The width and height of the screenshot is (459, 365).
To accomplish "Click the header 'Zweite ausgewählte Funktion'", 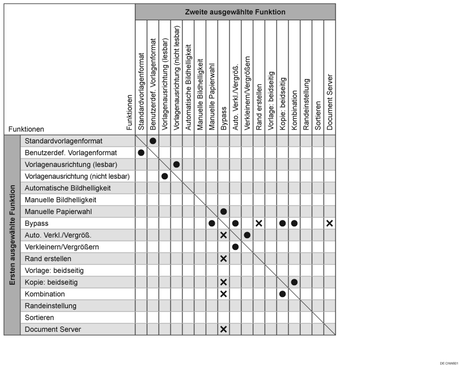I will tap(235, 12).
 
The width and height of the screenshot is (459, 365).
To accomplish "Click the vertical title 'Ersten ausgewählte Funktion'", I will tap(12, 235).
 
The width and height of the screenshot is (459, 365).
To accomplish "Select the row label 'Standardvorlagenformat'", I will tap(63, 141).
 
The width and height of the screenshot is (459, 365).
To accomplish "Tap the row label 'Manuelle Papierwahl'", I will tap(58, 211).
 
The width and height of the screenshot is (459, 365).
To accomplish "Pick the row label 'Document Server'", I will tap(52, 329).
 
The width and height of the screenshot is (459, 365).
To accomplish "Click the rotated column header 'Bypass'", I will tap(224, 118).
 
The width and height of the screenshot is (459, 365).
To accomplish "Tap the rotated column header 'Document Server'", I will tap(330, 102).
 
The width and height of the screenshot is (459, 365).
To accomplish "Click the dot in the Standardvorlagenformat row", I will tap(153, 141).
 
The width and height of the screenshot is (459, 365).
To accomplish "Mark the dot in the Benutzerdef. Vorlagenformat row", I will tap(141, 153).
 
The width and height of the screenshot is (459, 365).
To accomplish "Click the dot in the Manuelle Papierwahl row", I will tap(223, 211).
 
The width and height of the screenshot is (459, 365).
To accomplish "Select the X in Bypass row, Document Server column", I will tap(329, 223).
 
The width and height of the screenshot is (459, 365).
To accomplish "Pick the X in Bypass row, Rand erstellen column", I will tap(259, 223).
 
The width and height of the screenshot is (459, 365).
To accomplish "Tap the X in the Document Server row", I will tap(223, 329).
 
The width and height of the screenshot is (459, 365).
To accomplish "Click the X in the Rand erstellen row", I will tap(223, 258).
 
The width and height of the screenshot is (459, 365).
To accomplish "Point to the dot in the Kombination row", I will tap(282, 294).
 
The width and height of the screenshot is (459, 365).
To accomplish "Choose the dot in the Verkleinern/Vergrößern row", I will tap(235, 247).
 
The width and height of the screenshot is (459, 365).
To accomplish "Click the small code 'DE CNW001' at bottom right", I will tap(448, 363).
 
